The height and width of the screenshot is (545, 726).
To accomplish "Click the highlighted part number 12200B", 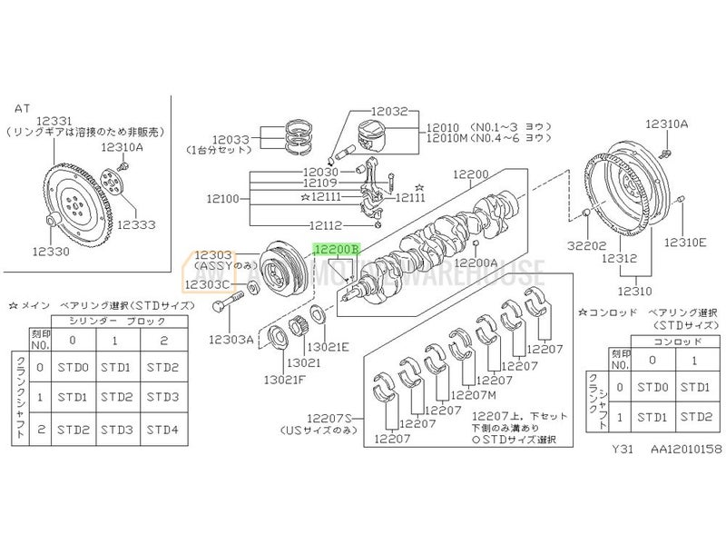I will click(x=337, y=247).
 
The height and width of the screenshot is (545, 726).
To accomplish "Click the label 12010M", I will click(x=446, y=138).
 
